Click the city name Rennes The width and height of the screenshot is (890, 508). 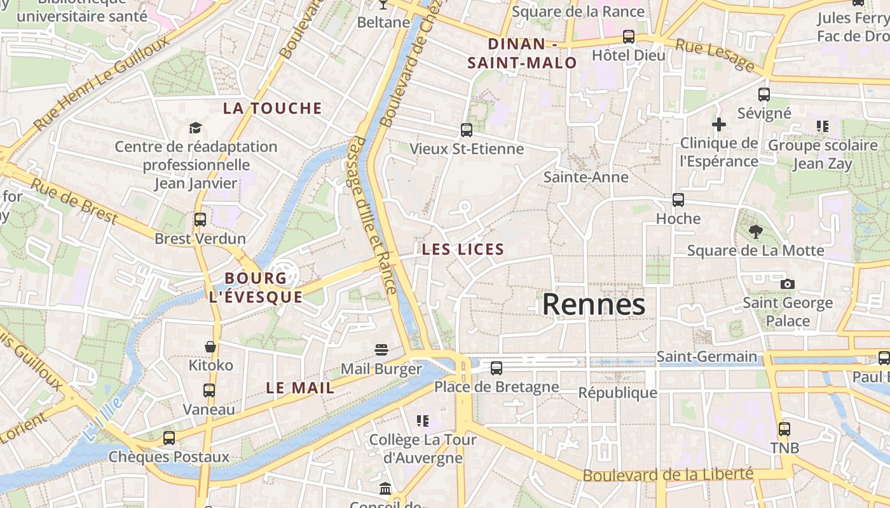tap(594, 305)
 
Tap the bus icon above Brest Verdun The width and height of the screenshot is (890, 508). tap(200, 220)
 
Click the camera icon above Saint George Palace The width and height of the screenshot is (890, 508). tap(788, 284)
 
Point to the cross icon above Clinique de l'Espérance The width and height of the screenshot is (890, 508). tap(719, 124)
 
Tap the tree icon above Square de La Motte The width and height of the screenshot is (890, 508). tap(755, 231)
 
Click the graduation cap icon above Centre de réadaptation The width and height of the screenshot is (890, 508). tap(195, 128)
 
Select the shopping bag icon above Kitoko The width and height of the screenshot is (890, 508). tap(210, 347)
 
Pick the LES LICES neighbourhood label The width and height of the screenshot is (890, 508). tap(463, 250)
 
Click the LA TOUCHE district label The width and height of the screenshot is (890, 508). tap(273, 109)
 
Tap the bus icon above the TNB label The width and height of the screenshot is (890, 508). tap(784, 429)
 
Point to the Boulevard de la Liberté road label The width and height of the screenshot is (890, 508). tap(667, 474)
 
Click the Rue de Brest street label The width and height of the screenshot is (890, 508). tap(74, 201)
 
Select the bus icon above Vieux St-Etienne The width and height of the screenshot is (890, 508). tap(467, 130)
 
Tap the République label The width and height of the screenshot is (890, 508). tap(617, 392)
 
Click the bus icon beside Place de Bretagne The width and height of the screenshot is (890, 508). tap(496, 368)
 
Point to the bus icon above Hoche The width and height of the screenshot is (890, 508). tap(678, 200)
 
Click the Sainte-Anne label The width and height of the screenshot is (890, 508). tap(585, 177)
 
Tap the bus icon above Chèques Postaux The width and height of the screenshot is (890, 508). tap(169, 438)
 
